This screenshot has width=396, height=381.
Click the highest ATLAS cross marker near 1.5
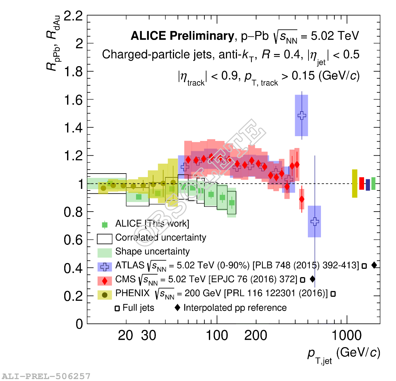[x=302, y=115]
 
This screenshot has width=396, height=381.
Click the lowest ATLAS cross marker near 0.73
[x=315, y=221]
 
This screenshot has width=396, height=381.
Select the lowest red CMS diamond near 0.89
[x=301, y=199]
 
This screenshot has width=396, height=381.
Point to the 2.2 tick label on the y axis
[x=73, y=16]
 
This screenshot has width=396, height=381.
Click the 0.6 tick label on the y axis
[x=73, y=240]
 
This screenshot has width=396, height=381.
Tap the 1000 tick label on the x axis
[x=346, y=336]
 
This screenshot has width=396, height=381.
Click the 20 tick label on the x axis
[x=125, y=336]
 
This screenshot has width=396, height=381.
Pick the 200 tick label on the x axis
[x=255, y=336]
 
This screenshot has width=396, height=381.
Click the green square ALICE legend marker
[x=104, y=225]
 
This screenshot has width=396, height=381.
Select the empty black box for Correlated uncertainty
[x=104, y=239]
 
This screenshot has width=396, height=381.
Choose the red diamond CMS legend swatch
[x=104, y=281]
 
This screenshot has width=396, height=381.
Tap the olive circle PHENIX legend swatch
[x=104, y=295]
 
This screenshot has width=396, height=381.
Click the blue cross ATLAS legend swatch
[x=104, y=267]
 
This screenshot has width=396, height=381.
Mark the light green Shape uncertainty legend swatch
[x=104, y=253]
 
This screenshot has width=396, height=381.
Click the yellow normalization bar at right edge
[x=354, y=183]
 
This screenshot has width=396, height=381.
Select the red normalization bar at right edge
[x=362, y=183]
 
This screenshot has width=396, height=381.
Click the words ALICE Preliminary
[x=182, y=36]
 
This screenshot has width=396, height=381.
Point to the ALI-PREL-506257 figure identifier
[x=46, y=376]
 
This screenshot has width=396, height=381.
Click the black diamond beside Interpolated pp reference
[x=178, y=307]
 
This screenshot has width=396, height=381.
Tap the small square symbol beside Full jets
[x=117, y=308]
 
